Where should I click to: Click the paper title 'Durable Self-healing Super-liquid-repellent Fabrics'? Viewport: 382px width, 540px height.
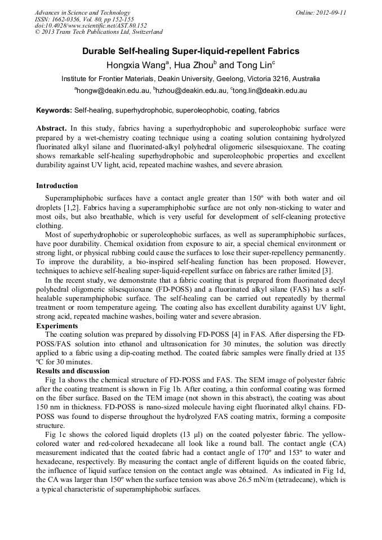(190, 51)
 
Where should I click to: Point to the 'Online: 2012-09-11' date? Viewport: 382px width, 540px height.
(321, 12)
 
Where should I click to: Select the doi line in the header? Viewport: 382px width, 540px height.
(91, 25)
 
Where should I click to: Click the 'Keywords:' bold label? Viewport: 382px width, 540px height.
(54, 110)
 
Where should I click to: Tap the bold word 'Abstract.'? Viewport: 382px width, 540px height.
(51, 128)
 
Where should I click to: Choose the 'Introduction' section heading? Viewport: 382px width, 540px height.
(57, 186)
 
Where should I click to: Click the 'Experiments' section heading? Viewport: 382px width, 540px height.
(56, 325)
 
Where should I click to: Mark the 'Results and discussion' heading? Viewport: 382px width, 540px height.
(73, 371)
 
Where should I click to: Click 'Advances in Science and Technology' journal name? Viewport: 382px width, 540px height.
(82, 12)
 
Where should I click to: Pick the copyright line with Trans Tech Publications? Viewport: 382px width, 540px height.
(99, 32)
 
